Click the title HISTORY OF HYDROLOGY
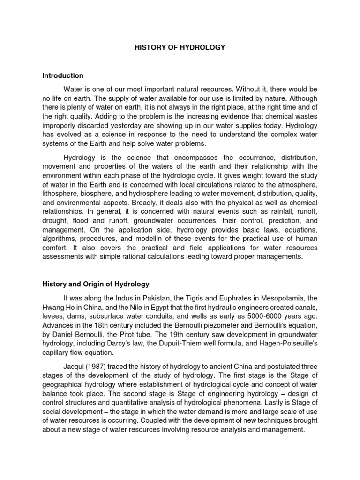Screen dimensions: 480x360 [x=180, y=47]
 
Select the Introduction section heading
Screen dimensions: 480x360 [x=63, y=75]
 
